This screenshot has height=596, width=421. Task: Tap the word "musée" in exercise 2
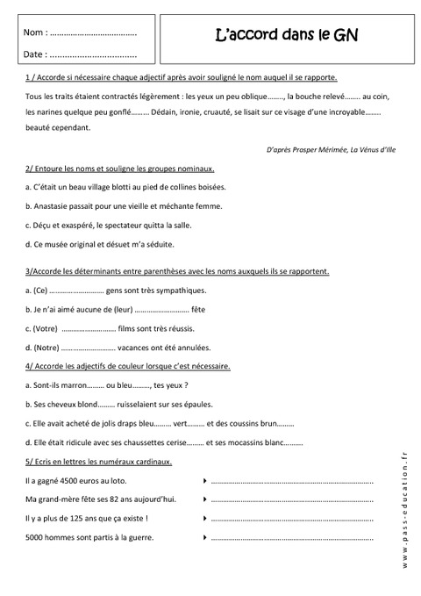(x=56, y=243)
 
